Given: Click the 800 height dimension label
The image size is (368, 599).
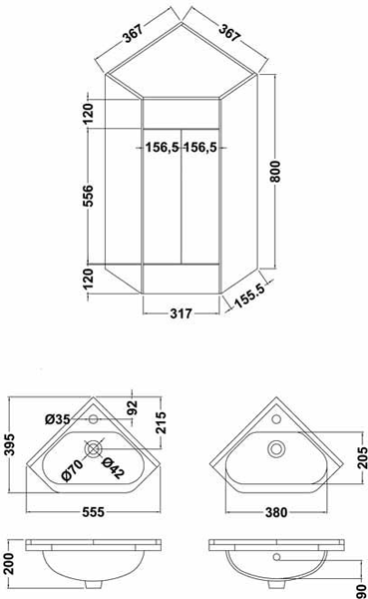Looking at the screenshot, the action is (276, 171).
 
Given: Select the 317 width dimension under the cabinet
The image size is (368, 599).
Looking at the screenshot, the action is (181, 313).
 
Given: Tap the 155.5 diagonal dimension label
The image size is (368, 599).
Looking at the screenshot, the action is (249, 296).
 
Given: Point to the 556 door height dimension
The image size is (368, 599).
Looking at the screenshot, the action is (88, 196).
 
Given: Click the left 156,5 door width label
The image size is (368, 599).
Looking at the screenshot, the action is (163, 147).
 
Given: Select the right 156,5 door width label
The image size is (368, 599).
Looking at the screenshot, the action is (200, 147).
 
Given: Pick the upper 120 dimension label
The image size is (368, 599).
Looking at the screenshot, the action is (88, 114).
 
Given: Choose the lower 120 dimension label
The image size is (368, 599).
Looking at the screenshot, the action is (88, 279).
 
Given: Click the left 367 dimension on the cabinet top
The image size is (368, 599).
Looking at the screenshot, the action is (134, 33).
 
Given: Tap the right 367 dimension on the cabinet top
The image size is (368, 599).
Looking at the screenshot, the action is (229, 33).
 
